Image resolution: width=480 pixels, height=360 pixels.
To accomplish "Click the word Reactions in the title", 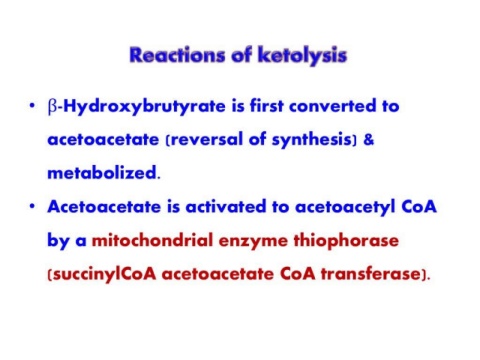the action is pos(177,55).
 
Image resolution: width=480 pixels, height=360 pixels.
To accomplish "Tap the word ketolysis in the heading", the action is pos(302,56).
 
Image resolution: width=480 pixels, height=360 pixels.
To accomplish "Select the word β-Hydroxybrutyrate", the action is pos(137,107).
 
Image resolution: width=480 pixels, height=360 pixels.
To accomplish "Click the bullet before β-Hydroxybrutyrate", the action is pos(32,106).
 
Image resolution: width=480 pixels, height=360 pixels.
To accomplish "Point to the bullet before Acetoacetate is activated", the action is pos(32,206).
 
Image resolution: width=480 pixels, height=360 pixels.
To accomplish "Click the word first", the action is pos(267,106).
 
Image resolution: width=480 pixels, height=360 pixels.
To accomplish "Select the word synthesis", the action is pos(311,140).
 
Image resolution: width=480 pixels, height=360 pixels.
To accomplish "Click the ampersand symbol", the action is pos(369,139).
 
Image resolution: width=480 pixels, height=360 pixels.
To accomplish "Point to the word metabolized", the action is pos(102,173).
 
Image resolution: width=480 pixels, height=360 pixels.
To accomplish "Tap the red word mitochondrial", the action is pos(152,240).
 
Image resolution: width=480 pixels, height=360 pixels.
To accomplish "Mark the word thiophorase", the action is pos(346,241).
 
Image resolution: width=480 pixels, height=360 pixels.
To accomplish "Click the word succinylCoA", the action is pos(104,275).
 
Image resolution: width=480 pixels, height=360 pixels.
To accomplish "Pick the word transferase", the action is pos(370,274).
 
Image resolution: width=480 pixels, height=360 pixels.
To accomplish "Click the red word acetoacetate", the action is pos(218,274).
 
